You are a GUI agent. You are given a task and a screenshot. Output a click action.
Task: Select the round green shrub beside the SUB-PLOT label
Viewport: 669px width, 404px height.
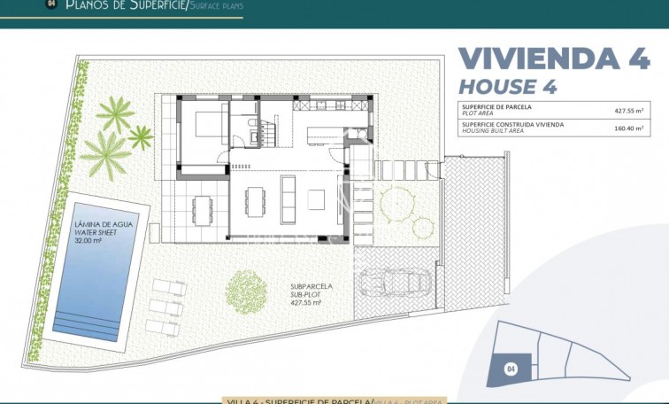[x=246, y=289]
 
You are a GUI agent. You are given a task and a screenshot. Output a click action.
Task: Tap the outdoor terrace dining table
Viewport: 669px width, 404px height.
[x=203, y=209]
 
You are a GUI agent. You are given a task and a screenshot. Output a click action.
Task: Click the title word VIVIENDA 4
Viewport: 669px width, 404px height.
[x=552, y=58]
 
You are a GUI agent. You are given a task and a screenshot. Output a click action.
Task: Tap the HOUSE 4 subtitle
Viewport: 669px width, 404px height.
[x=509, y=87]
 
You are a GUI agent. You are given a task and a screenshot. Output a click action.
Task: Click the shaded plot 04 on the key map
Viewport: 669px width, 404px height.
[x=512, y=367]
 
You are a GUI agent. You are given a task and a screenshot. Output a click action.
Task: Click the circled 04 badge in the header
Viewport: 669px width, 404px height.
[x=50, y=4]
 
